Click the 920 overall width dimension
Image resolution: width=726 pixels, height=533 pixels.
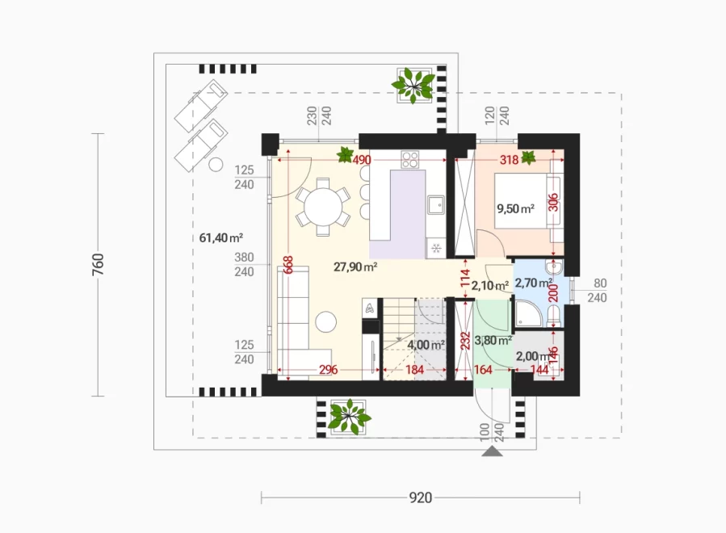[421, 497]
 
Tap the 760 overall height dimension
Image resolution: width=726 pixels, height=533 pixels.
[99, 264]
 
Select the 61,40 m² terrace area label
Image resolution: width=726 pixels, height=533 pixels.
[220, 238]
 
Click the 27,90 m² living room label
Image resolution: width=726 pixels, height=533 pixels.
[355, 266]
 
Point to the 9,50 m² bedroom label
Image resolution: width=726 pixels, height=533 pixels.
[515, 209]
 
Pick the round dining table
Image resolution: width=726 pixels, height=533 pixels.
[323, 206]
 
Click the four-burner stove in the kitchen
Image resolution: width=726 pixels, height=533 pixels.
[410, 159]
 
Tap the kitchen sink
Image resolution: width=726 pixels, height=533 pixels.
[436, 204]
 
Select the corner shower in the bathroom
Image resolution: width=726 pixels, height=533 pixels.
[528, 313]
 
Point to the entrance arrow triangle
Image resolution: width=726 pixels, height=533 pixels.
[492, 451]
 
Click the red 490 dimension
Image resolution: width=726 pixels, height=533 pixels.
[362, 160]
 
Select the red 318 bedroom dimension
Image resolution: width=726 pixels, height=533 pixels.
[509, 160]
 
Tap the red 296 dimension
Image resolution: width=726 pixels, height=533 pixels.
[328, 370]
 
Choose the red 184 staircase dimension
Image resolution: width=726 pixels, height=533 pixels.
[414, 370]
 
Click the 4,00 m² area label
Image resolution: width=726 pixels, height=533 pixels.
[426, 345]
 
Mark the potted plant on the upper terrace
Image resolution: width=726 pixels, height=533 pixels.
[413, 86]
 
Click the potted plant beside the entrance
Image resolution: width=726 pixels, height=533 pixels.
[349, 417]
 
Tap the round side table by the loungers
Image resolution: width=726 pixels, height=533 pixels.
[216, 165]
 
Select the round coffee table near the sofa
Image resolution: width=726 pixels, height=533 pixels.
[326, 321]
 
